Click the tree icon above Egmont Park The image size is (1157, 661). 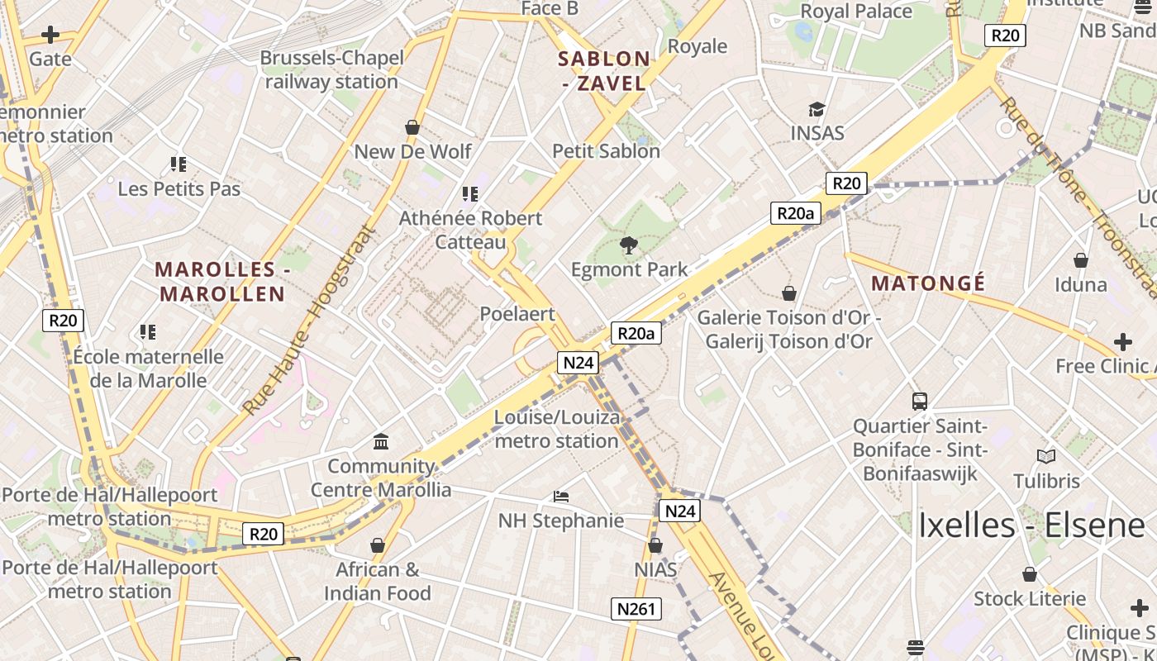[x=629, y=245]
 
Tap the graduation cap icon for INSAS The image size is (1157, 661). [x=817, y=109]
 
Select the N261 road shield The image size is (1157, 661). [x=636, y=610]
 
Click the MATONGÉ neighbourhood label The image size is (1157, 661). [x=928, y=283]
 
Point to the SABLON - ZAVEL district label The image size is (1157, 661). [x=604, y=70]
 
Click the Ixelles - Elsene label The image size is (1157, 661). [x=1031, y=525]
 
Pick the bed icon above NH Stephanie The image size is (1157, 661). [x=561, y=497]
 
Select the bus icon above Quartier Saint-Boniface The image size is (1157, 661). [x=920, y=402]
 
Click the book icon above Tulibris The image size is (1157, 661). [x=1046, y=456]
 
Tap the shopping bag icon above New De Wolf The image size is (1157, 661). [x=412, y=127]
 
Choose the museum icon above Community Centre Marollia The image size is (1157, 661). [x=381, y=442]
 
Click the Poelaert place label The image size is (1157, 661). [x=517, y=314]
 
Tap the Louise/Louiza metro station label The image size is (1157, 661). [x=556, y=429]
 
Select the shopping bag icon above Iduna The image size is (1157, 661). [x=1080, y=260]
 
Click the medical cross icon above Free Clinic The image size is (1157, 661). [x=1122, y=341]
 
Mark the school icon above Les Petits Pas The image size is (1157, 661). [x=179, y=164]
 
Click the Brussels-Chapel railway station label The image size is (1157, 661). [x=332, y=69]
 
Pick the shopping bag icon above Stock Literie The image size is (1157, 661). [x=1030, y=573]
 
